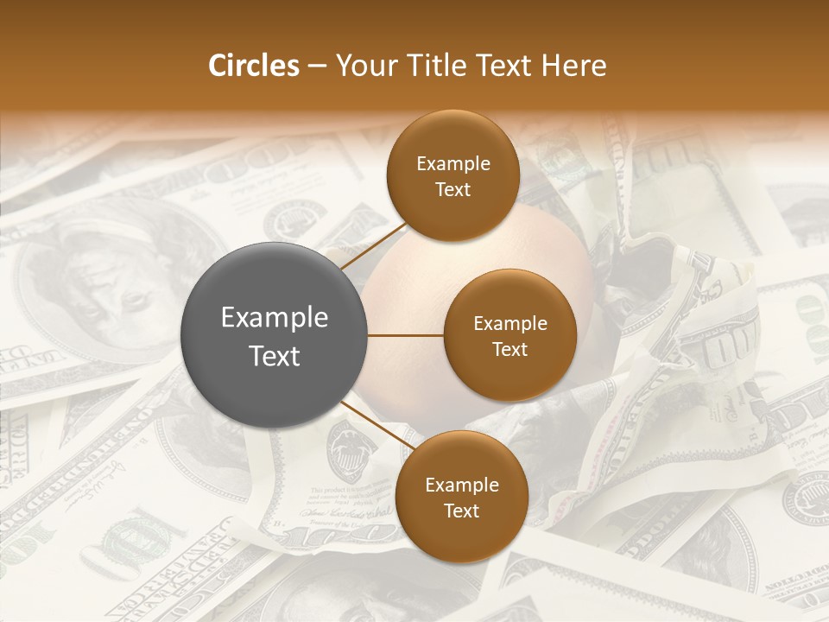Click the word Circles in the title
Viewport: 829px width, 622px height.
pos(253,66)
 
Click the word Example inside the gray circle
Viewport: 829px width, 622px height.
pos(275,318)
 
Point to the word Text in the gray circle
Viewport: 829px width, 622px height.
pos(275,356)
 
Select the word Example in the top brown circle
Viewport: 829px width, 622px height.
pos(452,163)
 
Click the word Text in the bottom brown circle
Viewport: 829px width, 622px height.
pos(461,511)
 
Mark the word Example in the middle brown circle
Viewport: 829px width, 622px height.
pos(509,323)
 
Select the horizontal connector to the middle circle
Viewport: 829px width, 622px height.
pos(405,335)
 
